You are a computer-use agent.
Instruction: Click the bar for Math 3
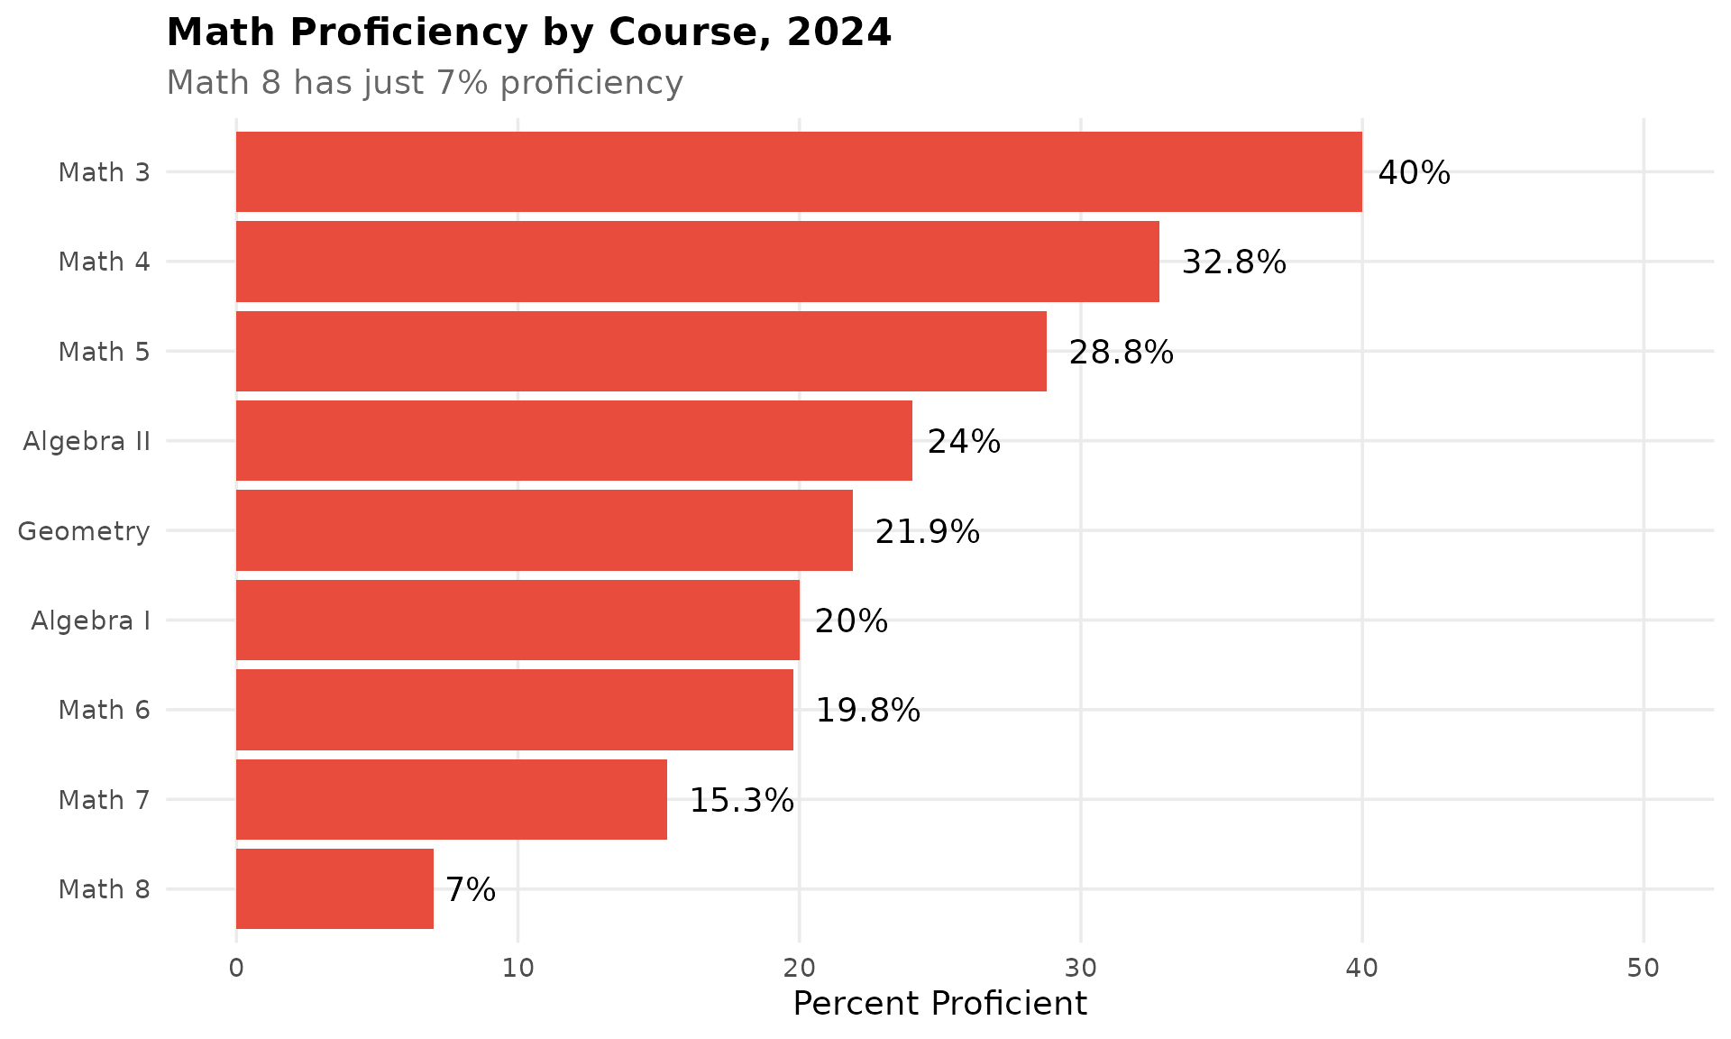pos(799,171)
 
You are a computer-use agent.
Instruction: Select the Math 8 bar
pos(334,888)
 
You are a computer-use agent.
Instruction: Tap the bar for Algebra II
pos(573,440)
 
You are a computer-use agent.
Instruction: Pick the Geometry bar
pos(544,530)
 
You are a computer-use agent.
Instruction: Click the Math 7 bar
pos(451,799)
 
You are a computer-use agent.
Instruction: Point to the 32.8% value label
pos(1233,262)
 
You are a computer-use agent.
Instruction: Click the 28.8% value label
pos(1121,352)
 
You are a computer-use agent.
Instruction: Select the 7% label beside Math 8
pos(471,890)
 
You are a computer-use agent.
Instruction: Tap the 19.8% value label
pos(867,711)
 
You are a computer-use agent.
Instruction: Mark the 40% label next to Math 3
pos(1414,173)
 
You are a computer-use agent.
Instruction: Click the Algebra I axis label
pos(90,621)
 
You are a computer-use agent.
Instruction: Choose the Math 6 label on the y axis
pos(104,710)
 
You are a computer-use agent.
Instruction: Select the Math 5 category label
pos(104,351)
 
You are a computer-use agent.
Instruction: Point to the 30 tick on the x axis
pos(1080,969)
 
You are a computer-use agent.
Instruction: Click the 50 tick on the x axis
pos(1643,969)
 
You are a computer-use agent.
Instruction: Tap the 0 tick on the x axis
pos(236,969)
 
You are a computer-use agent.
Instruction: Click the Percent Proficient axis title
pos(939,1004)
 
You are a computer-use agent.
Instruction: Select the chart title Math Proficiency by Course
pos(528,33)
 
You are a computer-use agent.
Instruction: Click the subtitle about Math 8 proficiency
pos(425,83)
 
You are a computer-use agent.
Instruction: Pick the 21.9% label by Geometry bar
pos(927,532)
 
